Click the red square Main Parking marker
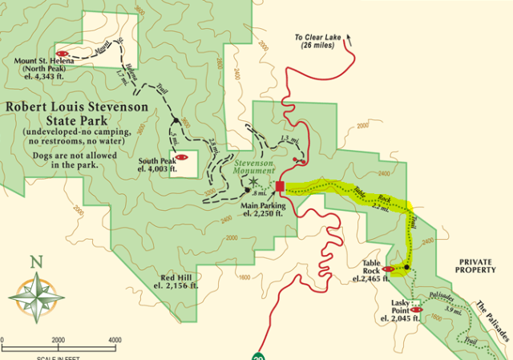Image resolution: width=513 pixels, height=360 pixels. click(x=280, y=187)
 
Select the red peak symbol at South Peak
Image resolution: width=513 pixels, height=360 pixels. click(x=182, y=156)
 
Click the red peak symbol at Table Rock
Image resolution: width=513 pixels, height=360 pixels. click(x=389, y=269)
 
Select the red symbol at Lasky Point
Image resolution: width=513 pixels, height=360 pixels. click(x=416, y=309)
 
